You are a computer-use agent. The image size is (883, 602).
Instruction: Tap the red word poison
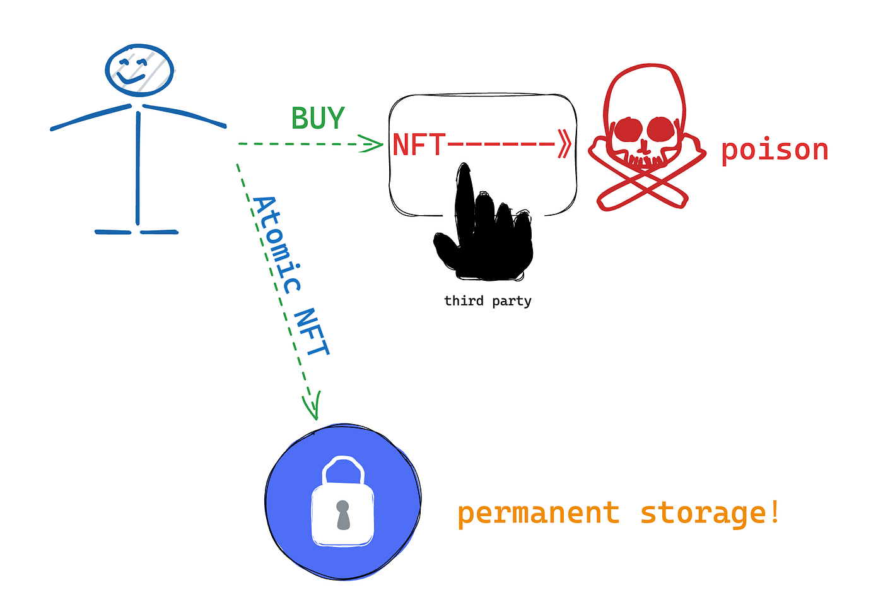click(x=775, y=150)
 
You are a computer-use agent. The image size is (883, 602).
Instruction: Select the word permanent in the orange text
click(x=539, y=514)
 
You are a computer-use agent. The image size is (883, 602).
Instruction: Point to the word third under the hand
click(x=464, y=300)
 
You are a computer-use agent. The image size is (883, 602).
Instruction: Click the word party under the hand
click(x=512, y=302)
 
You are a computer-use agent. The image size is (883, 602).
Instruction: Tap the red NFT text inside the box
click(x=419, y=145)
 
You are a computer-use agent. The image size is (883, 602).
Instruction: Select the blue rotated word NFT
click(x=312, y=332)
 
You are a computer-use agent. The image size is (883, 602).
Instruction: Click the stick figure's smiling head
click(x=139, y=70)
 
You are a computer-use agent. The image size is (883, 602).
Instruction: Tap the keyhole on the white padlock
click(x=343, y=515)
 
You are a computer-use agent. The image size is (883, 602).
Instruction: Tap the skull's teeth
click(x=645, y=160)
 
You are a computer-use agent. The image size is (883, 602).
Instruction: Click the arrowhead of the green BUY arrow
click(x=371, y=144)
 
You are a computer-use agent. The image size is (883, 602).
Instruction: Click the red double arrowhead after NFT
click(x=564, y=144)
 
